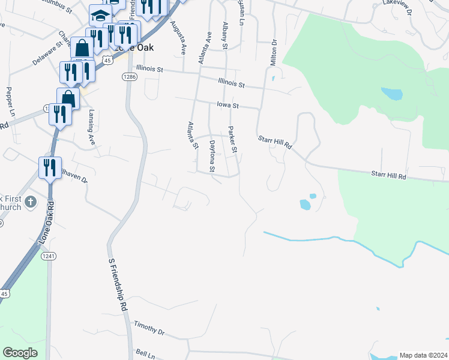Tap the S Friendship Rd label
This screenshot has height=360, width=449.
tap(119, 284)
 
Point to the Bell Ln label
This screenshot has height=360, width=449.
tap(145, 353)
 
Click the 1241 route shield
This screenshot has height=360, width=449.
tap(49, 256)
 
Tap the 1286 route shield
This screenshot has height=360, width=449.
tap(129, 77)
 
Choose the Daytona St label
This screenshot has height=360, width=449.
tap(212, 156)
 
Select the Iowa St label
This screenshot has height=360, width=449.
tap(228, 106)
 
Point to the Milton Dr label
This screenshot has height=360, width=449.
tap(274, 53)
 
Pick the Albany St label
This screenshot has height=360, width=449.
tap(225, 35)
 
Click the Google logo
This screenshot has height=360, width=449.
tap(20, 353)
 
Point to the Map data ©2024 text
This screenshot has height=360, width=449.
tap(423, 355)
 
